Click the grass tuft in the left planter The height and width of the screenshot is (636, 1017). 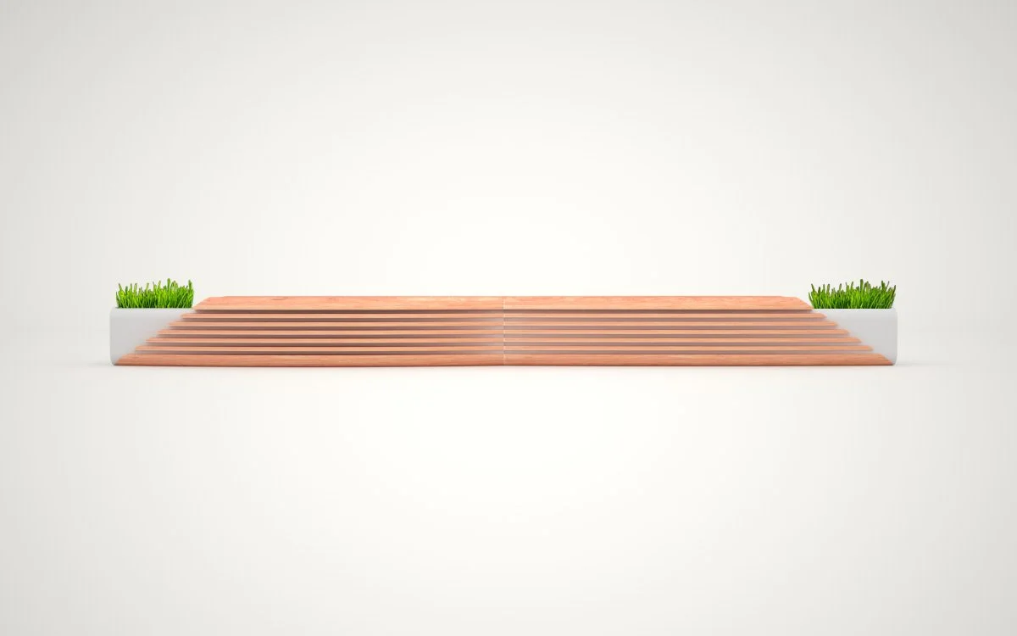[x=154, y=295]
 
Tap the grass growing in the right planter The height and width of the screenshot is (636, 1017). [x=853, y=295]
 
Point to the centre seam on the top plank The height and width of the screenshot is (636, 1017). [x=504, y=302]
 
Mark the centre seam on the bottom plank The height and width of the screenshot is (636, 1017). [x=503, y=360]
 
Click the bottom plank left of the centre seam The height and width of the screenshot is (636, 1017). [x=314, y=360]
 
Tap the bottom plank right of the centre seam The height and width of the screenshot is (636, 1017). [x=695, y=360]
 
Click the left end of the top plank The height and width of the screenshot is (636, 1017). [x=197, y=303]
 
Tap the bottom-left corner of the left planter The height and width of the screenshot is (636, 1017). [x=113, y=363]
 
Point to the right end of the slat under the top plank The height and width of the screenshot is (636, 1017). [x=822, y=315]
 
